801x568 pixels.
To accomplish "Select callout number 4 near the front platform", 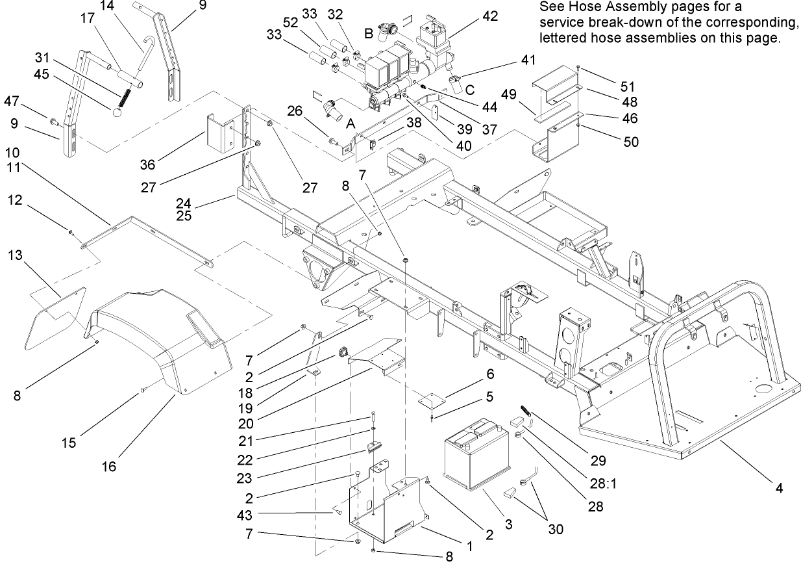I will click(778, 487).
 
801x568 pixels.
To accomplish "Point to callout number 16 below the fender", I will click(109, 467).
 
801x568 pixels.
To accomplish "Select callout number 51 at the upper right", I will click(626, 86).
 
